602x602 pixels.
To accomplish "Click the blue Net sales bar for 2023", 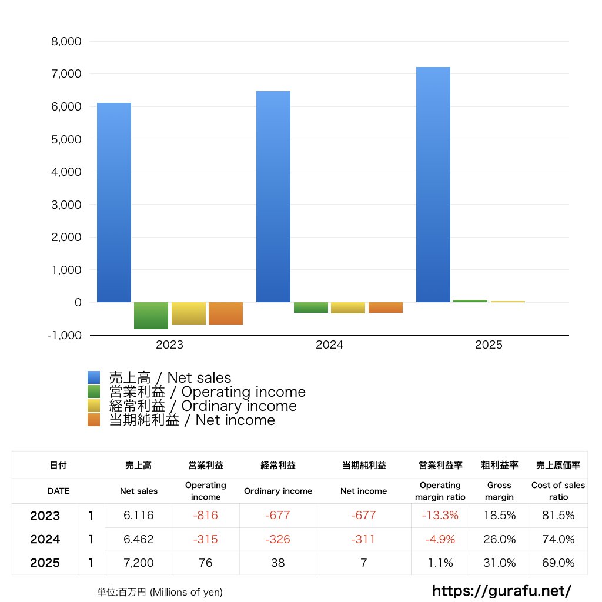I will tap(114, 203).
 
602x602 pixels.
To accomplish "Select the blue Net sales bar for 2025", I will tap(433, 185).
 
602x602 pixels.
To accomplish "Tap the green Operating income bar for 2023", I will tap(151, 316).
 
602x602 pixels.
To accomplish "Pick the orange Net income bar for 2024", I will tap(386, 307).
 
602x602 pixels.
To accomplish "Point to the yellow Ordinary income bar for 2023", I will tap(189, 313).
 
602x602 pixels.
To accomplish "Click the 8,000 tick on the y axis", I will tap(66, 42).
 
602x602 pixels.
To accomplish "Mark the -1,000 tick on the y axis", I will tap(65, 335).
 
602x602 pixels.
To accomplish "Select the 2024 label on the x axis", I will tap(329, 345).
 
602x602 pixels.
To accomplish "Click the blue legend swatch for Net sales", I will tap(94, 378).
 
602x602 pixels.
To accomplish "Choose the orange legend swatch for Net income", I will tap(94, 420).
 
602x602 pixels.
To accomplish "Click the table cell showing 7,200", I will tap(139, 563).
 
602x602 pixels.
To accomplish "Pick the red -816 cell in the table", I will tap(206, 516).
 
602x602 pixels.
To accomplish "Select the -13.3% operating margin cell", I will tap(440, 516).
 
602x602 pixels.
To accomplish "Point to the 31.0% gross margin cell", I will tap(499, 563).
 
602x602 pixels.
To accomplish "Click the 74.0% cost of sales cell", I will tap(558, 539).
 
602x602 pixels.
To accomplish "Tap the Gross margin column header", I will tap(499, 491).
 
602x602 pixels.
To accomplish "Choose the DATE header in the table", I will tap(58, 491).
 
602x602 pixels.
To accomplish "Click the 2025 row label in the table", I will tap(45, 563).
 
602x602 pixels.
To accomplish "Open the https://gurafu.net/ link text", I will tap(501, 591).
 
